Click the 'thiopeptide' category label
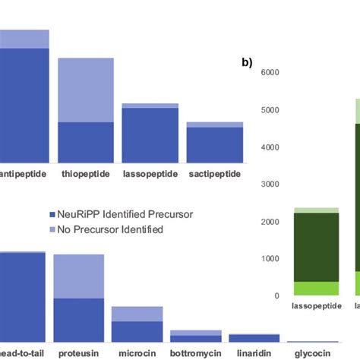click(x=85, y=174)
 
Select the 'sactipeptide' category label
click(x=214, y=174)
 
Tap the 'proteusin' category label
click(x=78, y=353)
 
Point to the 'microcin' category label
click(x=137, y=353)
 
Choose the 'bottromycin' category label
click(x=195, y=353)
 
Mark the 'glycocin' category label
click(x=312, y=353)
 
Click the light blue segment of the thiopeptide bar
click(x=85, y=90)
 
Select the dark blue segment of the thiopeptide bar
click(x=85, y=142)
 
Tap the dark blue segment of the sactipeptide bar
click(x=214, y=144)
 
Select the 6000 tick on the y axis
click(x=271, y=73)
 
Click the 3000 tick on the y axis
click(x=271, y=185)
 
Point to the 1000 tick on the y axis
click(x=271, y=259)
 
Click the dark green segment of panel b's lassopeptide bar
click(x=317, y=247)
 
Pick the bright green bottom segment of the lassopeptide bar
click(x=317, y=289)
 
